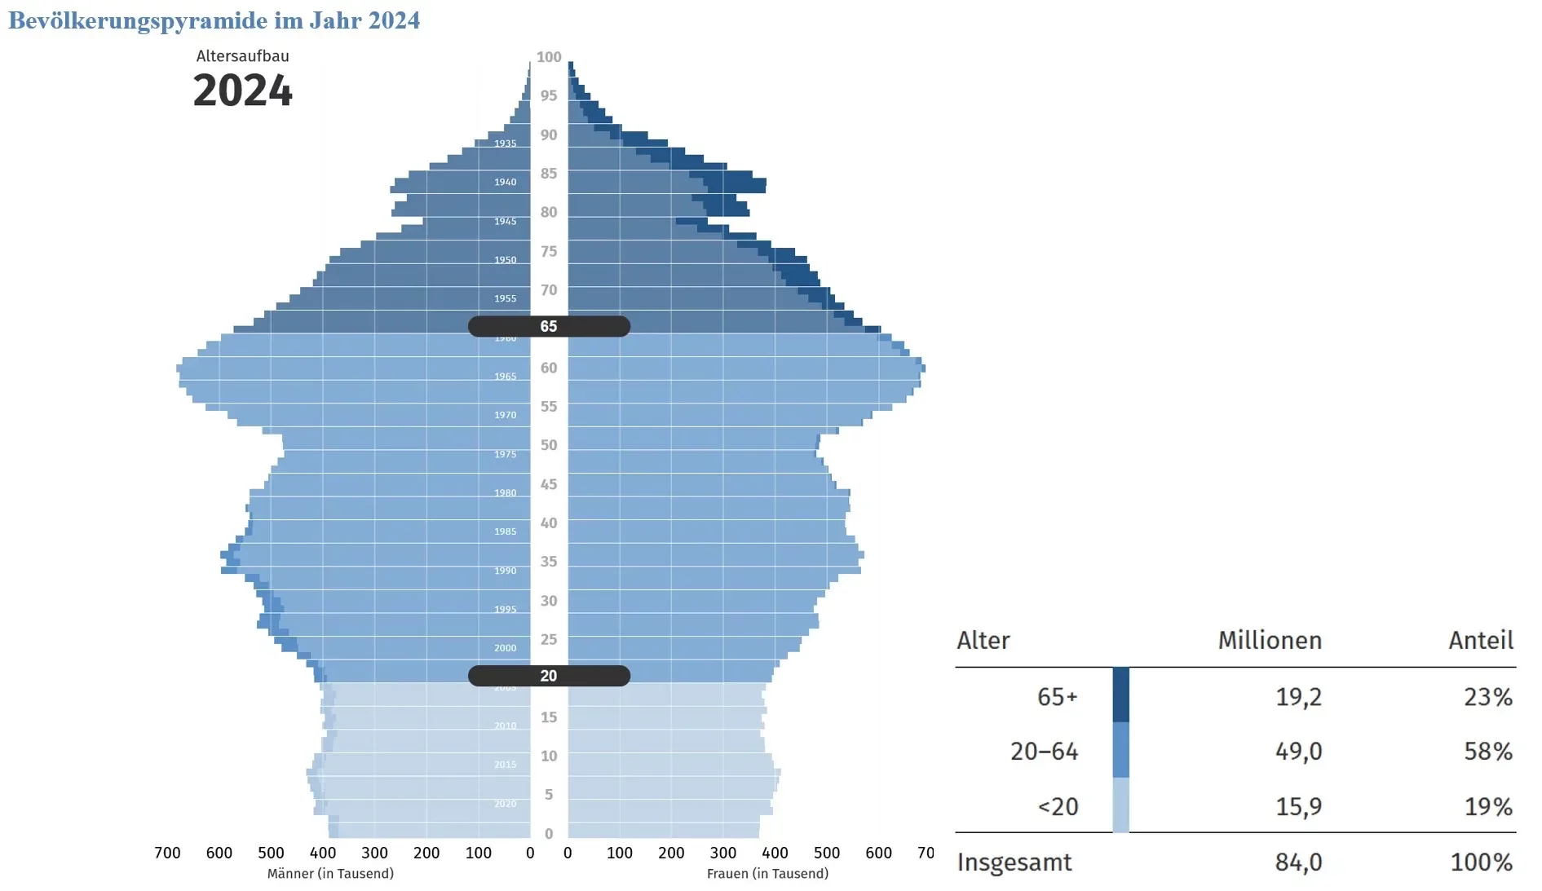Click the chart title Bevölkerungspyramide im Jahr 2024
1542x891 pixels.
[x=214, y=20]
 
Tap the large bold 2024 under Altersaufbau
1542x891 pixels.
[x=242, y=90]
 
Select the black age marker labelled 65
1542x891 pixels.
[x=549, y=326]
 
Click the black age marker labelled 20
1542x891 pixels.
[x=549, y=676]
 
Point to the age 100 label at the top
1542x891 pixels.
[x=549, y=57]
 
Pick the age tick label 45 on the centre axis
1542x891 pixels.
[x=549, y=484]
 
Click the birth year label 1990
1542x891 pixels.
[x=505, y=571]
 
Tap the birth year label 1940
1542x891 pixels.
[x=505, y=182]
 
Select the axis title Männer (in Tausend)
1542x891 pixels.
[x=330, y=874]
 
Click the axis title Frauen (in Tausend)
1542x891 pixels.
[x=767, y=874]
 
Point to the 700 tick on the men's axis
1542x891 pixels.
[x=167, y=853]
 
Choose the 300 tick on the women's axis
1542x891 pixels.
[x=722, y=853]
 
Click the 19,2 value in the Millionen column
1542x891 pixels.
[x=1298, y=697]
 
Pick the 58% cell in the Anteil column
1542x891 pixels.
[x=1488, y=751]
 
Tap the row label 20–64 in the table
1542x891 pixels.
[x=1044, y=751]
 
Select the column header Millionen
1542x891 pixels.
[x=1270, y=641]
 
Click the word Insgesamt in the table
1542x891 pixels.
[x=1014, y=862]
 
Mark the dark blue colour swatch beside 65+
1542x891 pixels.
[x=1121, y=695]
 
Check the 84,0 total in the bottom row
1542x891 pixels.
[x=1298, y=862]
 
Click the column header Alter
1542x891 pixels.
[x=983, y=641]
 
